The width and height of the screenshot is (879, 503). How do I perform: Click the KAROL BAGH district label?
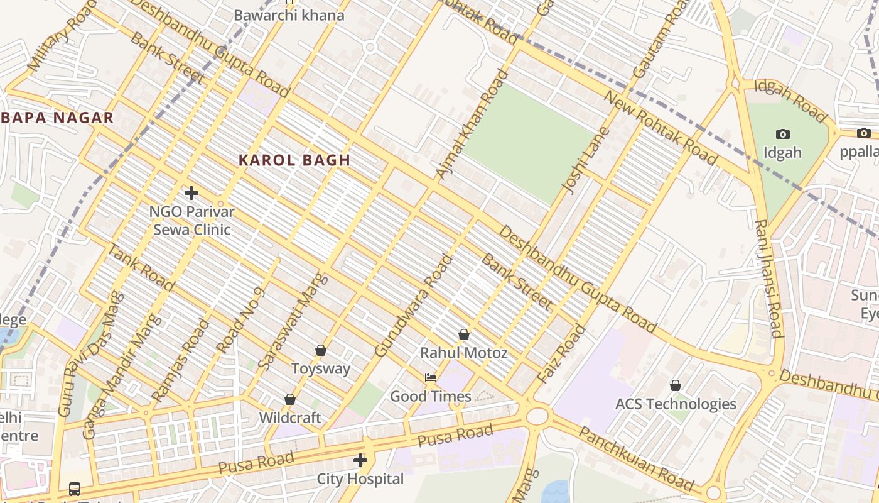[x=294, y=160]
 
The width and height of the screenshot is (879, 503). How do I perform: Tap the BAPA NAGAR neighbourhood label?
[x=58, y=118]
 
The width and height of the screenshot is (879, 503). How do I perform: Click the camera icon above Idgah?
[x=782, y=134]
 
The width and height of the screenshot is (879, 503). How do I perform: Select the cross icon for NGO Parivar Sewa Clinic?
[x=191, y=193]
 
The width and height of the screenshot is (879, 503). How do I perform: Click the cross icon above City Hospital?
[x=360, y=460]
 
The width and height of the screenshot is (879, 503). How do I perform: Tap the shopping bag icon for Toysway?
[x=321, y=350]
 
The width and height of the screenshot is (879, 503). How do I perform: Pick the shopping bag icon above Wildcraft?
[x=290, y=399]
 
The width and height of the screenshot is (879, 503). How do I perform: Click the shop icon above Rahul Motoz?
[x=463, y=334]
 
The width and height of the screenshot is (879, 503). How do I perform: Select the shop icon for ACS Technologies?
[x=676, y=385]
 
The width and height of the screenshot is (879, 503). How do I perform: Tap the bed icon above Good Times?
[x=430, y=378]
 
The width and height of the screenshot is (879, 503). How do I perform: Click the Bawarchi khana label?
[x=289, y=15]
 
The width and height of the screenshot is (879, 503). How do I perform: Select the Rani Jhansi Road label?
[x=767, y=279]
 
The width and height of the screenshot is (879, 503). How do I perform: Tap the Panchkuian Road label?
[x=635, y=460]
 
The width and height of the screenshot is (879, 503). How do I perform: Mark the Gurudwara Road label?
[x=413, y=306]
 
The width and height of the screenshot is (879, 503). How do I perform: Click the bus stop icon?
[x=74, y=489]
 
